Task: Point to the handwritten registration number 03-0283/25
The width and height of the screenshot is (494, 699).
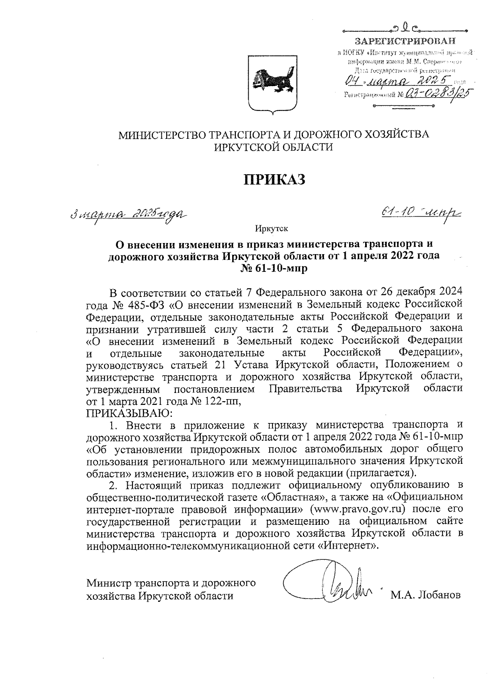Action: pos(437,94)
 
